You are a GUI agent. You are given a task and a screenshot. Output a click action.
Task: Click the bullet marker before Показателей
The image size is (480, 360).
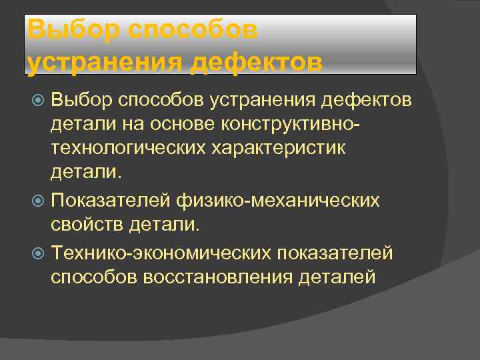tap(39, 200)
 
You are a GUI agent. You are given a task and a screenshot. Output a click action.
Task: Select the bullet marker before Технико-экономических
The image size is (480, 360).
tap(39, 254)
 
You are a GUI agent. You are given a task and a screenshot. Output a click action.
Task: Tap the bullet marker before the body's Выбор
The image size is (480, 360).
tap(39, 101)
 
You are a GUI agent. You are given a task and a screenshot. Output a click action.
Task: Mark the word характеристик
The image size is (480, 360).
tap(288, 148)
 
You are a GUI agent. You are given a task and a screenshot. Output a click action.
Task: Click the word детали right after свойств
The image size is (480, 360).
tap(166, 225)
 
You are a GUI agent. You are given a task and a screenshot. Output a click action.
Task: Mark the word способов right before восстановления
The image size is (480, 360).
tap(94, 277)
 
